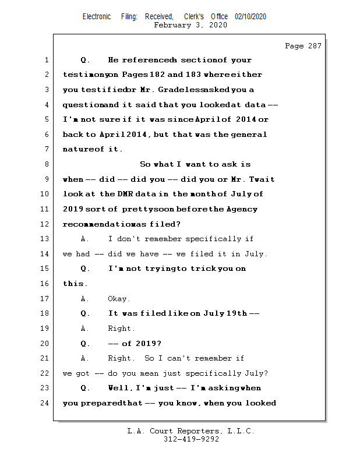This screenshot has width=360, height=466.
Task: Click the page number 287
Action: click(x=313, y=46)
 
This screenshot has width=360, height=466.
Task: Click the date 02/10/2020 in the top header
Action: click(x=250, y=17)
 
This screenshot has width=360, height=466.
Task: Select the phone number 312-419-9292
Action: click(x=191, y=440)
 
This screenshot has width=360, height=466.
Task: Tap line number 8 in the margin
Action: click(x=46, y=164)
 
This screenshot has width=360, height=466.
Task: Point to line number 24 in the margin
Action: click(x=44, y=403)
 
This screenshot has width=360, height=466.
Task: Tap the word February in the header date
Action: click(x=173, y=25)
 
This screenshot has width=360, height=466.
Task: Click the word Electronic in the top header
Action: click(x=97, y=17)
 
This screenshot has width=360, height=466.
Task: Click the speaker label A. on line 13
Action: click(x=85, y=239)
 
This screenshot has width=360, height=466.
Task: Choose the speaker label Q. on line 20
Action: click(x=85, y=343)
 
